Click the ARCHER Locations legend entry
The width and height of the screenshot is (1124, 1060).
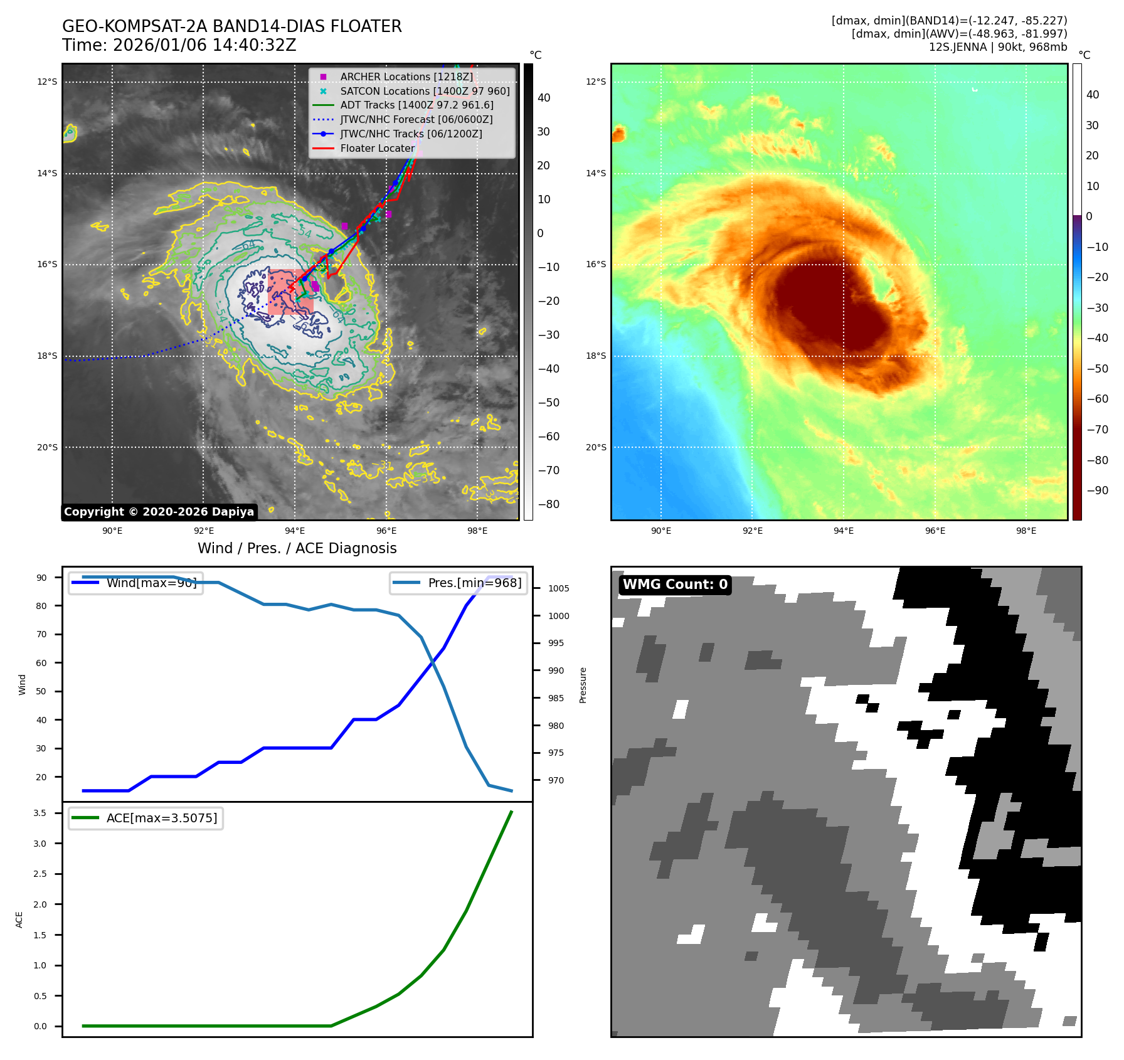coord(406,77)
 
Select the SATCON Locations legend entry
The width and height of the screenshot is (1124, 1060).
coord(425,91)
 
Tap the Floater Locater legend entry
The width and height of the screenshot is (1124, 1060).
coord(377,148)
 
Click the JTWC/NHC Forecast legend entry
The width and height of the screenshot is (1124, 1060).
coord(416,119)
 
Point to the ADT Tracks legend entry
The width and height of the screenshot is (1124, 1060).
coord(416,105)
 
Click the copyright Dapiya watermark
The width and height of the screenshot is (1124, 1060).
coord(159,512)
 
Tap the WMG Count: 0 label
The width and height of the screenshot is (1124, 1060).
coord(675,585)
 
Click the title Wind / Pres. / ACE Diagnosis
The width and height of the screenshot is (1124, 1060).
coord(297,548)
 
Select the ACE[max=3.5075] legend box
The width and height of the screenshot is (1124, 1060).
coord(146,818)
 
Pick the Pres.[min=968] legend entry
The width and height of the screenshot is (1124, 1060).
coord(459,583)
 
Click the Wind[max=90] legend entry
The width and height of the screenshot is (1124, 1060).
coord(135,583)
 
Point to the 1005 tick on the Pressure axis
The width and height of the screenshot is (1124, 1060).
coord(558,588)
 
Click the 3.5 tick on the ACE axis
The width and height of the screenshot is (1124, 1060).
coord(40,813)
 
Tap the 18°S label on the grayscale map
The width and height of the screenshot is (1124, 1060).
coord(47,356)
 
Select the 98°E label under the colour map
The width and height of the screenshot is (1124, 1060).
coord(1026,531)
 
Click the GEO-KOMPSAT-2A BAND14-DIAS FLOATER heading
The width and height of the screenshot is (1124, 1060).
coord(231,26)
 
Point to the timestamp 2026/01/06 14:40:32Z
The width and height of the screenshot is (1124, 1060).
coord(204,45)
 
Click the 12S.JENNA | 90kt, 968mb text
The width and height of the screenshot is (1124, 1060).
coord(997,47)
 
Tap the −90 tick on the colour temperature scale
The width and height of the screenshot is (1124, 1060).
coord(1097,490)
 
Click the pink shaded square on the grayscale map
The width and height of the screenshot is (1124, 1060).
coord(290,292)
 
